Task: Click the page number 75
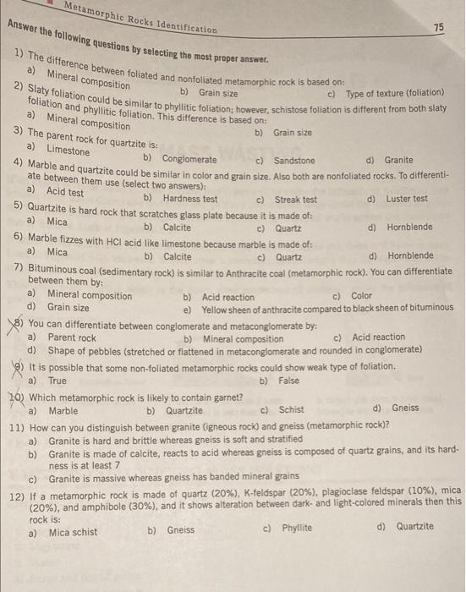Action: pos(438,28)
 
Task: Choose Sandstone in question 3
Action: pos(293,160)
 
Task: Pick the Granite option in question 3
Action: pos(397,160)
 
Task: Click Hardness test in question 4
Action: pos(189,199)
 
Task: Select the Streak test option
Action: pos(293,200)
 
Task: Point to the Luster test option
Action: pos(406,200)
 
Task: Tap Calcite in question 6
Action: pos(176,255)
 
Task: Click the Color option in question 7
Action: pos(361,296)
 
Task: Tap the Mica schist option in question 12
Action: pos(71,534)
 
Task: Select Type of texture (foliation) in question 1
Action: pos(395,92)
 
